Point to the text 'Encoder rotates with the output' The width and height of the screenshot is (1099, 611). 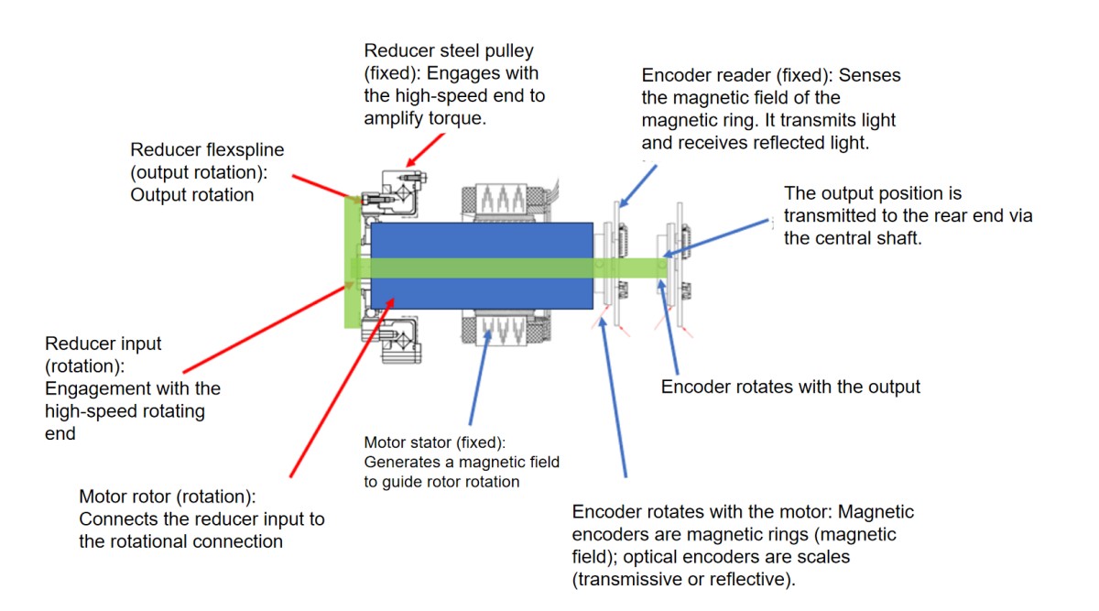(x=790, y=387)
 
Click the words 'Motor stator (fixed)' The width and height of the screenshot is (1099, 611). (x=434, y=442)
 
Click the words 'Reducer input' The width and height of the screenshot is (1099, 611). (x=103, y=344)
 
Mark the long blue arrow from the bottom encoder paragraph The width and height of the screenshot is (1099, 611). (x=613, y=394)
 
